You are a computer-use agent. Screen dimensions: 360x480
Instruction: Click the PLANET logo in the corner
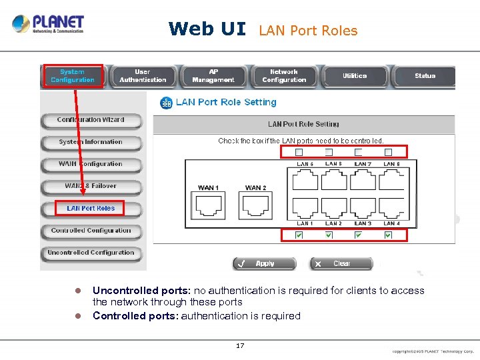[48, 25]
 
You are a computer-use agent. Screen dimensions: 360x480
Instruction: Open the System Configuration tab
[73, 76]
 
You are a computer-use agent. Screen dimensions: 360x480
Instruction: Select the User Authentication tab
[143, 76]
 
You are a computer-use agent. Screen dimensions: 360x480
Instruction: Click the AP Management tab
[213, 76]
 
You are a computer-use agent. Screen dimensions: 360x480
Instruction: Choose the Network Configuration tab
[284, 76]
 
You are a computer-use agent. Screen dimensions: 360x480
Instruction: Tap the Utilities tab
[355, 76]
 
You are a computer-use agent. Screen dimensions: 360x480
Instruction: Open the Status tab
[425, 76]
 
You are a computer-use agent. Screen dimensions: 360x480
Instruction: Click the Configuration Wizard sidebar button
[91, 120]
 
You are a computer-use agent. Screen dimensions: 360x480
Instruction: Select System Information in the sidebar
[91, 142]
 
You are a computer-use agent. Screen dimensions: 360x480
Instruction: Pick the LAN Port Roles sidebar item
[91, 209]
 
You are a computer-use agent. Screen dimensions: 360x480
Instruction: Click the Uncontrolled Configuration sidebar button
[91, 253]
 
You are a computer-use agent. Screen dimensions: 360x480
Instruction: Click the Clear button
[341, 264]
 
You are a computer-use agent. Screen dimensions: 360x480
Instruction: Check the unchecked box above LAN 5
[299, 153]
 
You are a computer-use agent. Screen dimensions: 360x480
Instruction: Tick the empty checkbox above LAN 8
[388, 153]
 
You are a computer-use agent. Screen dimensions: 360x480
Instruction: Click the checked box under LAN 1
[299, 235]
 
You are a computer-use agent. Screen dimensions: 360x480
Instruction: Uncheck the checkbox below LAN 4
[388, 235]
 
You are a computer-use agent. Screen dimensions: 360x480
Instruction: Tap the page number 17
[240, 346]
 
